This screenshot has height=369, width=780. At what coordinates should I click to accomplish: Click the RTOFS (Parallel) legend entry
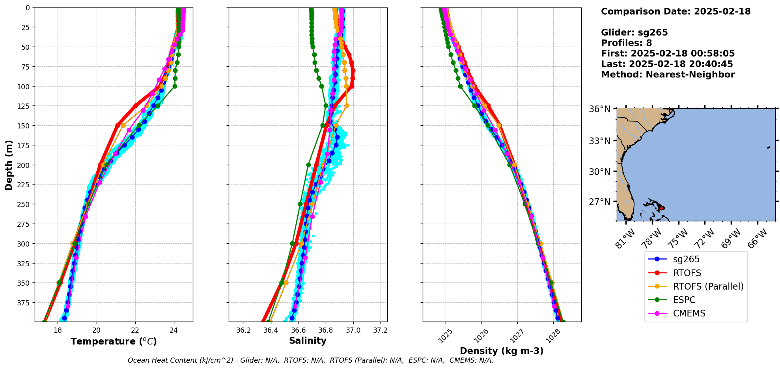708,286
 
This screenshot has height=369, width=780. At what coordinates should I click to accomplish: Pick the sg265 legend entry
686,259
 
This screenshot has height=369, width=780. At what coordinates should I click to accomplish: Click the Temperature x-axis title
114,341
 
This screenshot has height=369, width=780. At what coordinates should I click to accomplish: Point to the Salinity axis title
308,341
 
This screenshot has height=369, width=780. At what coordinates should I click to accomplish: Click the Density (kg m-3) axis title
502,351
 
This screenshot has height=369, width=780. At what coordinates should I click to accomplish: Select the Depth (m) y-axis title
9,165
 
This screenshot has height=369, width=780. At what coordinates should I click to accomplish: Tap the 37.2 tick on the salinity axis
380,330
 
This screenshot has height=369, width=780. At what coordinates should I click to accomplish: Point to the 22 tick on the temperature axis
135,330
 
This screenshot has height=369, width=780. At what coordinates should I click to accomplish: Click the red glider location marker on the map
662,208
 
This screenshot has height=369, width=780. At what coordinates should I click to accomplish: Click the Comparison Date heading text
676,11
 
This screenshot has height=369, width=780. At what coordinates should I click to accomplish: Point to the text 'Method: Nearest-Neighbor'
668,75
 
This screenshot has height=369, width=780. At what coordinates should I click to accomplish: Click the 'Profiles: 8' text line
626,43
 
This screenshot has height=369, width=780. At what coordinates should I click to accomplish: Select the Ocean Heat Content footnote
310,360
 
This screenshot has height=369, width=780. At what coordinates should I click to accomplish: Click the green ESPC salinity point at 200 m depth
308,165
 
